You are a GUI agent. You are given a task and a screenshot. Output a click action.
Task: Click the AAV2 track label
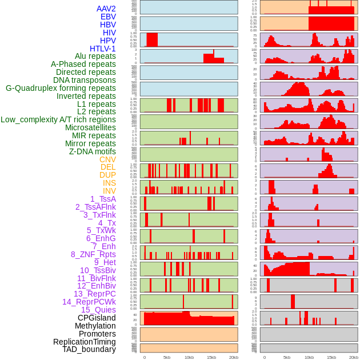point(106,9)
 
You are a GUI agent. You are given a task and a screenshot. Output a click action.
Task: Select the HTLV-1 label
point(102,49)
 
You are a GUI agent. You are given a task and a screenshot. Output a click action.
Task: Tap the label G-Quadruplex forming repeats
point(61,88)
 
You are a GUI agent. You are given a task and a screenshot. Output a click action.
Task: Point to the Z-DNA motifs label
point(93,151)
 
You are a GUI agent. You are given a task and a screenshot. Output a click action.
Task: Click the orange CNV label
point(107,159)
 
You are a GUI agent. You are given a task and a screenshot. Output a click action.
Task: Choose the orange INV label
point(109,191)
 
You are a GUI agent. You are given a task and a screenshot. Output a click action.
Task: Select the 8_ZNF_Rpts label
point(93,254)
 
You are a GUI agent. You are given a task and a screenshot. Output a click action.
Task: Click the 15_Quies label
point(98,310)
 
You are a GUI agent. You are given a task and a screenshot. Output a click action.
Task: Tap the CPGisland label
point(97,318)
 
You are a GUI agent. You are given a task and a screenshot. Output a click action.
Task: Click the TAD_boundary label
point(89,349)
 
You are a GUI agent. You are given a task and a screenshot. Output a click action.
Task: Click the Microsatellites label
point(90,127)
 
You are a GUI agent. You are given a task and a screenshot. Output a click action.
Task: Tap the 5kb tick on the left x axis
point(167,357)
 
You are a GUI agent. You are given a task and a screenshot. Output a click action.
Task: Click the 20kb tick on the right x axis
point(354,357)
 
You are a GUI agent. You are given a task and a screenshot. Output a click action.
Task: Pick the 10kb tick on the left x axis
point(189,357)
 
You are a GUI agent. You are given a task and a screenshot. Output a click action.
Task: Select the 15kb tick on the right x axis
point(331,357)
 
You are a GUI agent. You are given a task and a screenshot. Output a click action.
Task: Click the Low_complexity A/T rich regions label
point(58,119)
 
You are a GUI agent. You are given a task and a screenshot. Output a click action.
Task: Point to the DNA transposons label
point(85,80)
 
